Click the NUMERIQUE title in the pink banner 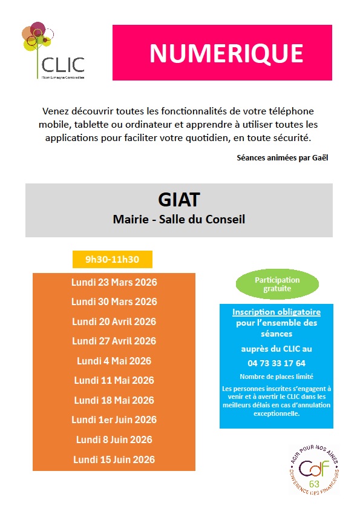[x=226, y=53]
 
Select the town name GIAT [x=178, y=199]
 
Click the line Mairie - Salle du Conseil [x=179, y=219]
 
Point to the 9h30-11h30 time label [x=112, y=260]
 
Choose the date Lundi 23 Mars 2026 [x=114, y=282]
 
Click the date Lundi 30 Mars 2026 [x=114, y=301]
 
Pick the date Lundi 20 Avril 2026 [x=114, y=321]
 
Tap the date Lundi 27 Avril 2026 [x=114, y=341]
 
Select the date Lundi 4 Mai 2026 [x=114, y=361]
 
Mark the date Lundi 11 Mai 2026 [x=114, y=380]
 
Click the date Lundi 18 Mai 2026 [x=114, y=400]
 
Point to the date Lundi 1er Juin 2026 [x=114, y=420]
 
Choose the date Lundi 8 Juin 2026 [x=114, y=439]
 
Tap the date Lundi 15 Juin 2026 [x=114, y=459]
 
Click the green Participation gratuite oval [x=277, y=285]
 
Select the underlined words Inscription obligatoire [x=277, y=312]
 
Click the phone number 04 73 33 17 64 [x=277, y=363]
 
